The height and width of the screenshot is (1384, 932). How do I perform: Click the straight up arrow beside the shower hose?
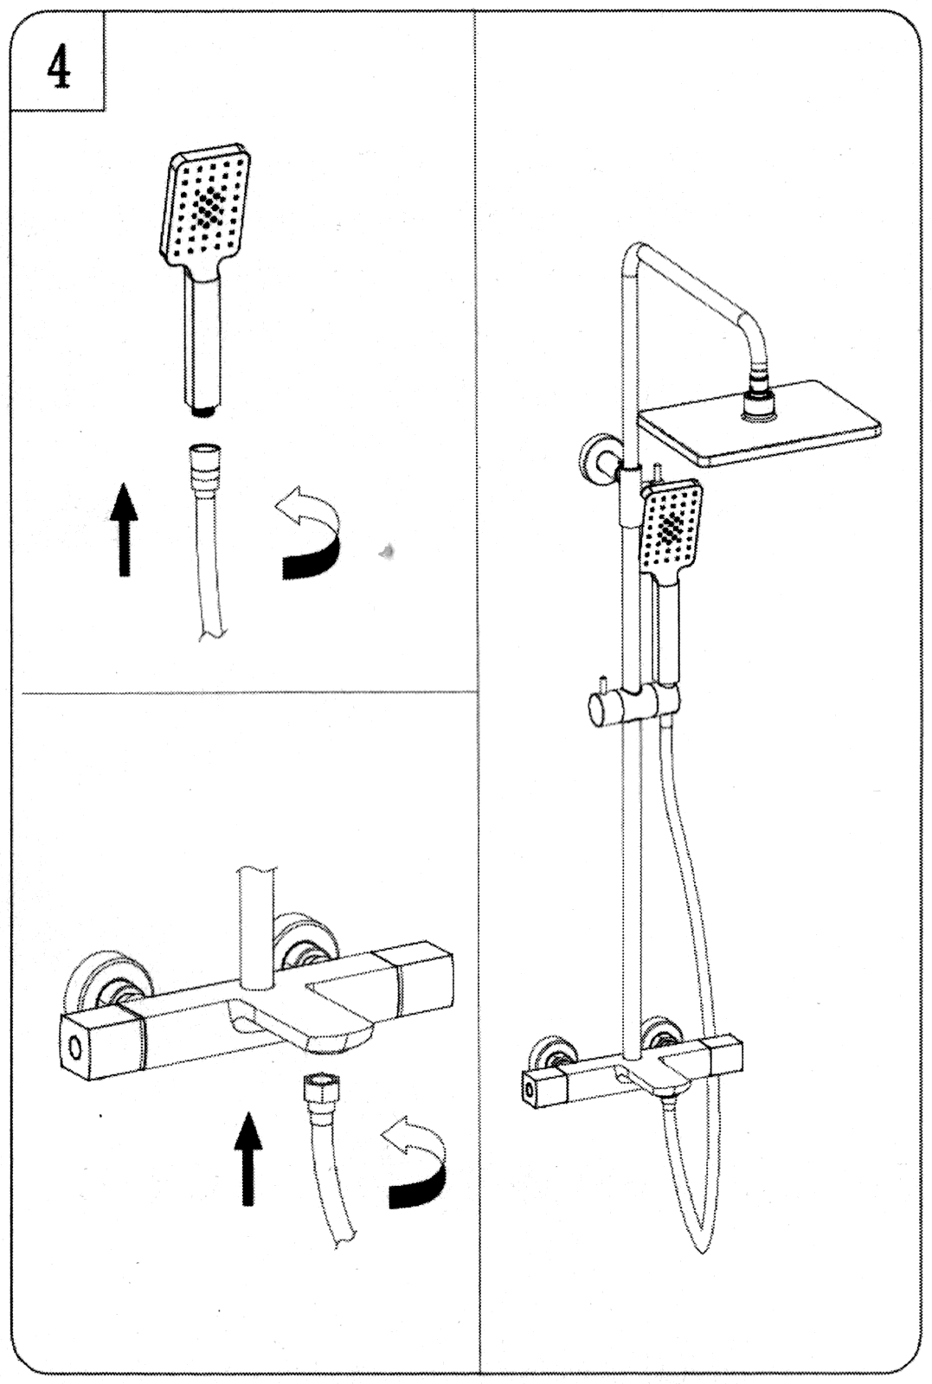point(125,529)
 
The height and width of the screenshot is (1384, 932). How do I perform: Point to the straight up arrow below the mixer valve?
point(248,1159)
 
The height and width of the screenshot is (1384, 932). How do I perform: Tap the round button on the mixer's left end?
point(77,1049)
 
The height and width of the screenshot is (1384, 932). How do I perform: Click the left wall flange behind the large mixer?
point(107,987)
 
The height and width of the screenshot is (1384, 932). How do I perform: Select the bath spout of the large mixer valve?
point(304,1022)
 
